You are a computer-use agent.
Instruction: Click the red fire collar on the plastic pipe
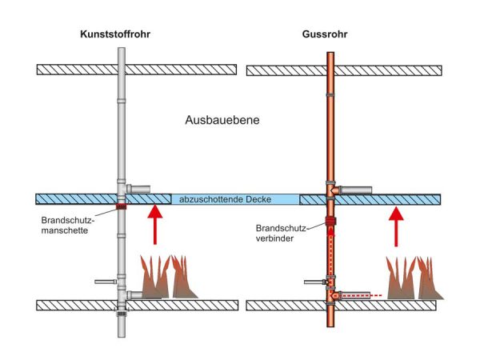point(121,206)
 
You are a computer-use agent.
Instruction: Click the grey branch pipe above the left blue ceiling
point(140,189)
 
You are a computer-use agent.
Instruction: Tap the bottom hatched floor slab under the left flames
point(184,305)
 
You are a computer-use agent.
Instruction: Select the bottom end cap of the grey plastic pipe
point(121,314)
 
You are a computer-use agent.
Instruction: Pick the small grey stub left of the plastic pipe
point(105,282)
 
